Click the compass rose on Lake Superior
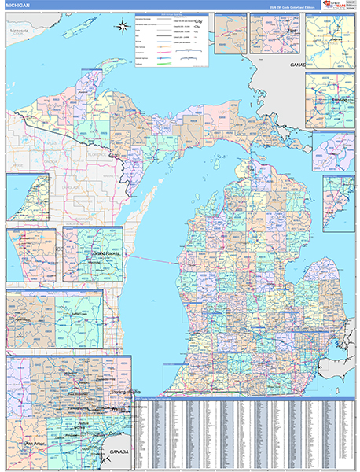click(x=123, y=28)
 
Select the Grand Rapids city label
click(x=93, y=254)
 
